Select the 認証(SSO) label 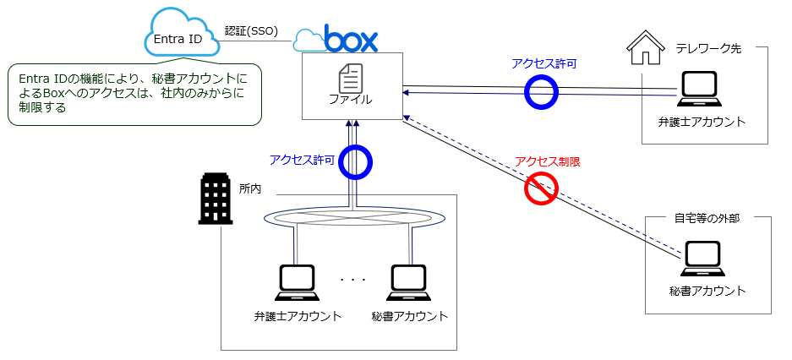(x=251, y=30)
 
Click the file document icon (x=350, y=79)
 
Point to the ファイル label (x=350, y=99)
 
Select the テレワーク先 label (x=707, y=48)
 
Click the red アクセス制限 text (x=547, y=161)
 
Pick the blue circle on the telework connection (x=541, y=91)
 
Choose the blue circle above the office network (x=355, y=162)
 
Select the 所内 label (x=250, y=188)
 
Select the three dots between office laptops (x=352, y=280)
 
